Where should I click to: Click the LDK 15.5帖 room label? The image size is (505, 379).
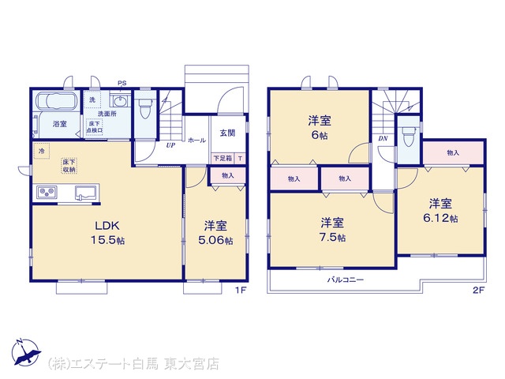108,233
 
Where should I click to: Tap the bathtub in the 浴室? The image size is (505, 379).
58,101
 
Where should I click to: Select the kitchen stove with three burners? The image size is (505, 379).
47,193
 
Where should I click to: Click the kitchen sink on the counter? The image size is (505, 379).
86,193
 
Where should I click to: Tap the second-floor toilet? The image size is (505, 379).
409,137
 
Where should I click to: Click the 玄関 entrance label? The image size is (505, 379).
227,133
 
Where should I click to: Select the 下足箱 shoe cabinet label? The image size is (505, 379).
223,159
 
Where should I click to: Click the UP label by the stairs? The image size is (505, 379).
170,145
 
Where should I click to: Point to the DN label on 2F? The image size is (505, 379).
383,139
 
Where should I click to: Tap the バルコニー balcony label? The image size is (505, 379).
346,280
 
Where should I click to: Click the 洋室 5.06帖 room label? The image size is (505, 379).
215,233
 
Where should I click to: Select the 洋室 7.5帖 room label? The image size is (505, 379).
333,230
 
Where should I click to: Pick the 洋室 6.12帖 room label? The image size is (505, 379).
440,211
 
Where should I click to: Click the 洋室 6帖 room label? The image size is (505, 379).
320,128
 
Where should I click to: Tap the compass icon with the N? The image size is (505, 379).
26,352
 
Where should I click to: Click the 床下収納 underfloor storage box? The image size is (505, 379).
69,166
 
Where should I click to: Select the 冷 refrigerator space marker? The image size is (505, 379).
41,151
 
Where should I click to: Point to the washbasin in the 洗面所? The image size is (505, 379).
121,100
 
